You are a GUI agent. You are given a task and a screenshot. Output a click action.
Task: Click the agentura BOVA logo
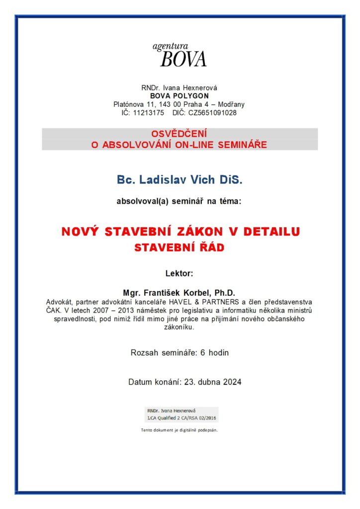tap(180, 55)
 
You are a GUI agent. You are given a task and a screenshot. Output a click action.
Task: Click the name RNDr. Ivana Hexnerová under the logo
tap(179, 88)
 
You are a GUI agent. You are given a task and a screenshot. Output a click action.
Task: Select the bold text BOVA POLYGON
tap(180, 96)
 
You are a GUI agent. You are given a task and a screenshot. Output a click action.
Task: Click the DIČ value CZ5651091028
tap(212, 113)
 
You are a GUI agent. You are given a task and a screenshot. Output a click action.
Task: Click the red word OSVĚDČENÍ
tap(180, 134)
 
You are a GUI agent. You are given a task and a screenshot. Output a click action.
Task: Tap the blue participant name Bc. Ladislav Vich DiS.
tap(180, 180)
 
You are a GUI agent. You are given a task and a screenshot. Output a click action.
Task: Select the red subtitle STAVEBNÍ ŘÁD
tap(180, 248)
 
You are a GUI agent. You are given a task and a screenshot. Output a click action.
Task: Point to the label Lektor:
tap(179, 273)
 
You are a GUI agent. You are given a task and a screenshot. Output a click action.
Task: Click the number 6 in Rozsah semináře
tap(203, 353)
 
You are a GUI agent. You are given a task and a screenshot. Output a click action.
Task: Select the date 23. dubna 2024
tap(213, 382)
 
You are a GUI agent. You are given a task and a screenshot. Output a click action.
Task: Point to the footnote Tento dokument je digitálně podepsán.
tap(180, 430)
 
